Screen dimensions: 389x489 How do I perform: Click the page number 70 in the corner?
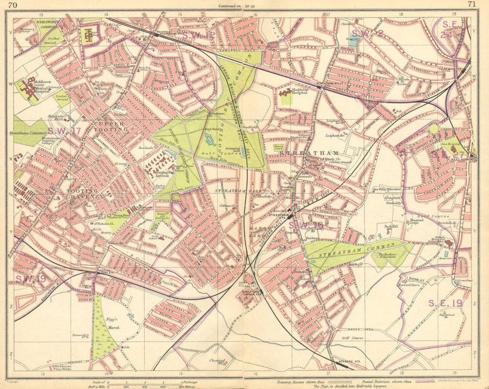[x=13, y=4]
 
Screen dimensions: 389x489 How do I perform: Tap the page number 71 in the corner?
[x=472, y=4]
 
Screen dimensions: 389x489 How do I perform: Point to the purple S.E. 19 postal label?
[x=445, y=303]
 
